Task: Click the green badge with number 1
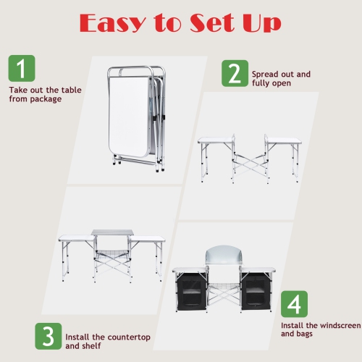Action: tap(22, 69)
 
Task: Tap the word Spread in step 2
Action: tap(265, 74)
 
